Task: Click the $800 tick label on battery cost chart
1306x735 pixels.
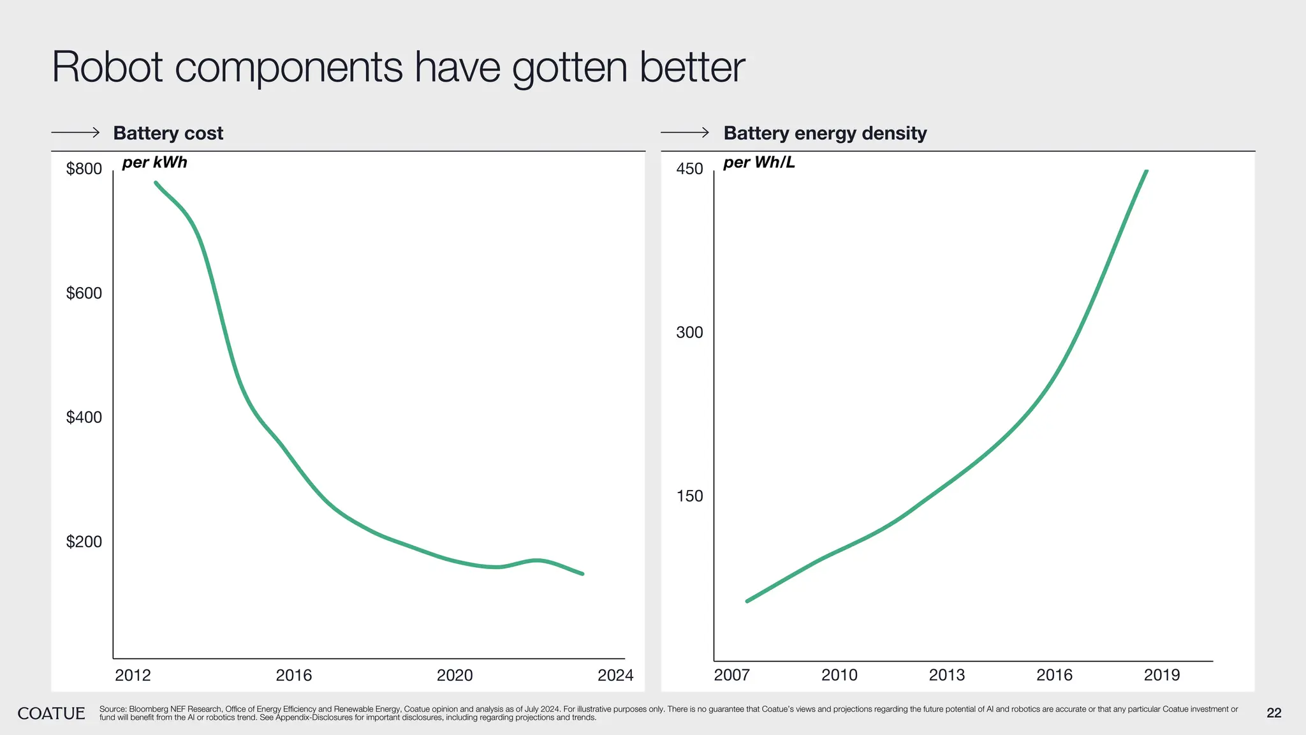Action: pos(84,169)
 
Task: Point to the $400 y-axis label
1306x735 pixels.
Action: pos(84,417)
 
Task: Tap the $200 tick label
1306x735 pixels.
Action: pos(84,542)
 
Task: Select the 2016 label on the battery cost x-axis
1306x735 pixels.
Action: pos(293,675)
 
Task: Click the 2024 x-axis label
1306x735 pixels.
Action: pos(615,675)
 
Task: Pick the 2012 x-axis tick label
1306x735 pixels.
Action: pos(133,675)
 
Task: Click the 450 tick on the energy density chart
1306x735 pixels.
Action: pos(689,169)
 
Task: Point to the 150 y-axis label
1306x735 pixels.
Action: pos(689,496)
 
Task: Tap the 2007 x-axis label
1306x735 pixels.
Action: pos(731,675)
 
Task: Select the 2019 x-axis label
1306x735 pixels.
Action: pos(1162,675)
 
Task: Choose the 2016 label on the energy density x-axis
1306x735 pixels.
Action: pos(1054,675)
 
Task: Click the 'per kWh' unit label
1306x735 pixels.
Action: pos(154,162)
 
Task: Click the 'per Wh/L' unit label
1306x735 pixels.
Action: pos(759,162)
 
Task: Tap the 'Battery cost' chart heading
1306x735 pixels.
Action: pos(168,133)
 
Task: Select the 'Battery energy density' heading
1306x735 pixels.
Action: pos(825,133)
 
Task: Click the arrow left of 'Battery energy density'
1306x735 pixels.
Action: pos(685,133)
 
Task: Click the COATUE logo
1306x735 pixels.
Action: pos(51,713)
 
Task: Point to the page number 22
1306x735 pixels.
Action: pos(1273,713)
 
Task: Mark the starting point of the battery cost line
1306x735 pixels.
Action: pos(156,183)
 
